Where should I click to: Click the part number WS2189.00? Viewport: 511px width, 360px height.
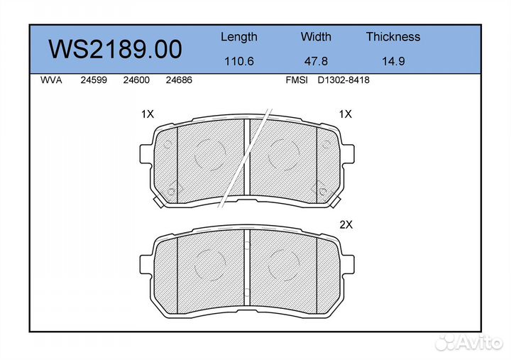(115, 49)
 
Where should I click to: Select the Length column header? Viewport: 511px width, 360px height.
(239, 37)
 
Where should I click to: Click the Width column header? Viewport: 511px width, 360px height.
(316, 36)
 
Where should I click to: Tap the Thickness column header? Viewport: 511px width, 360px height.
(393, 36)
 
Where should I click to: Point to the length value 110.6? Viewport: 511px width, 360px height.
(239, 61)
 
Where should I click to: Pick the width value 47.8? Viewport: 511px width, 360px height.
(316, 61)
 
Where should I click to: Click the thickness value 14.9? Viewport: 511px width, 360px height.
(393, 61)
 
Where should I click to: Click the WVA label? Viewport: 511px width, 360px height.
(51, 80)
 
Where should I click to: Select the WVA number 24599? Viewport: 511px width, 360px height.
(94, 80)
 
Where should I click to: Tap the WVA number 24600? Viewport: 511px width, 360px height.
(136, 80)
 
